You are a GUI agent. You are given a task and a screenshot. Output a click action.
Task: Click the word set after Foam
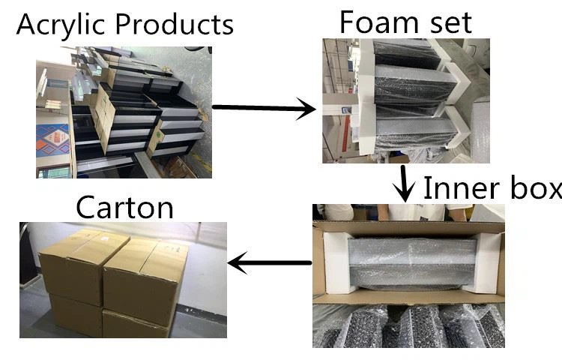(447, 22)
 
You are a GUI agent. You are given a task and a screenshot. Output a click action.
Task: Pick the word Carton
(125, 206)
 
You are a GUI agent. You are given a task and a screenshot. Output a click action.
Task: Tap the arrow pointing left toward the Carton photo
(270, 262)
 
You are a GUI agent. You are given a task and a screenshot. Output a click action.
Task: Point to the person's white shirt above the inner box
(342, 211)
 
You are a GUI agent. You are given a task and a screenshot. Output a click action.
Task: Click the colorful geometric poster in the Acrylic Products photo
(53, 142)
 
